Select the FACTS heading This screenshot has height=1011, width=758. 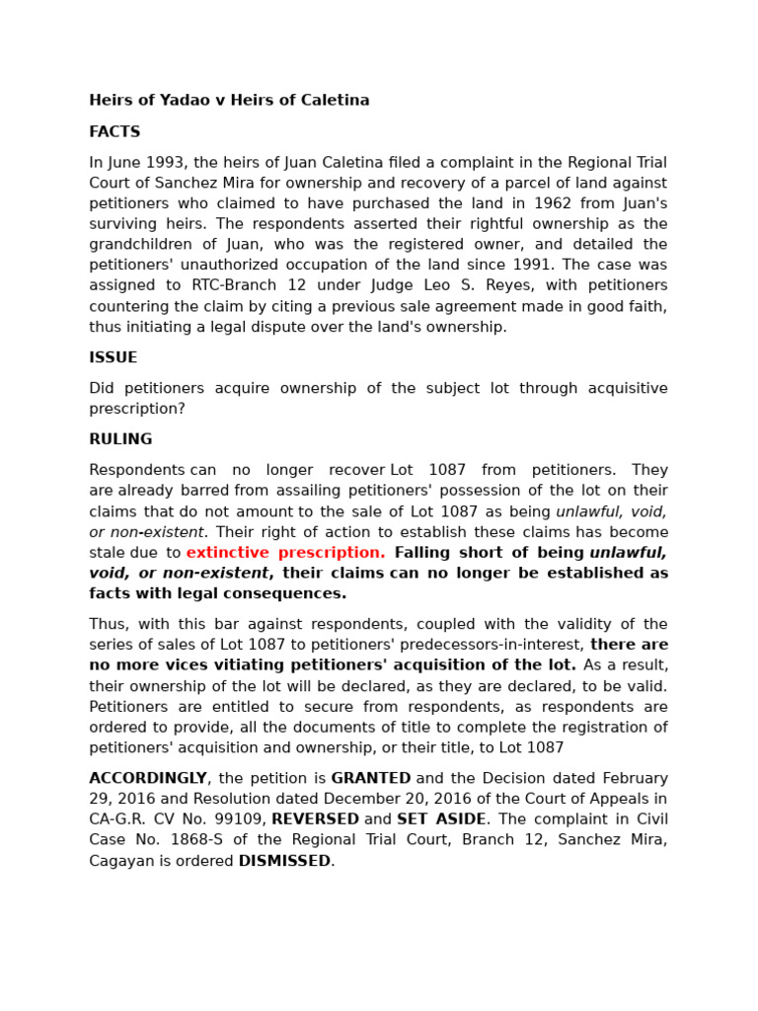pos(114,132)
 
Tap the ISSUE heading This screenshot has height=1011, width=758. pos(114,358)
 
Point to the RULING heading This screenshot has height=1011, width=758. pos(120,440)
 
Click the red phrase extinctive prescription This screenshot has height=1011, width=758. pos(285,553)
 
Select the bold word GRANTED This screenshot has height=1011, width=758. pos(370,779)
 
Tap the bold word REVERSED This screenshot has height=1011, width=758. pos(315,820)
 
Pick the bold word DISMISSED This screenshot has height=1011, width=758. pos(284,862)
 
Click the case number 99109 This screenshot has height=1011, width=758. pos(237,820)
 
